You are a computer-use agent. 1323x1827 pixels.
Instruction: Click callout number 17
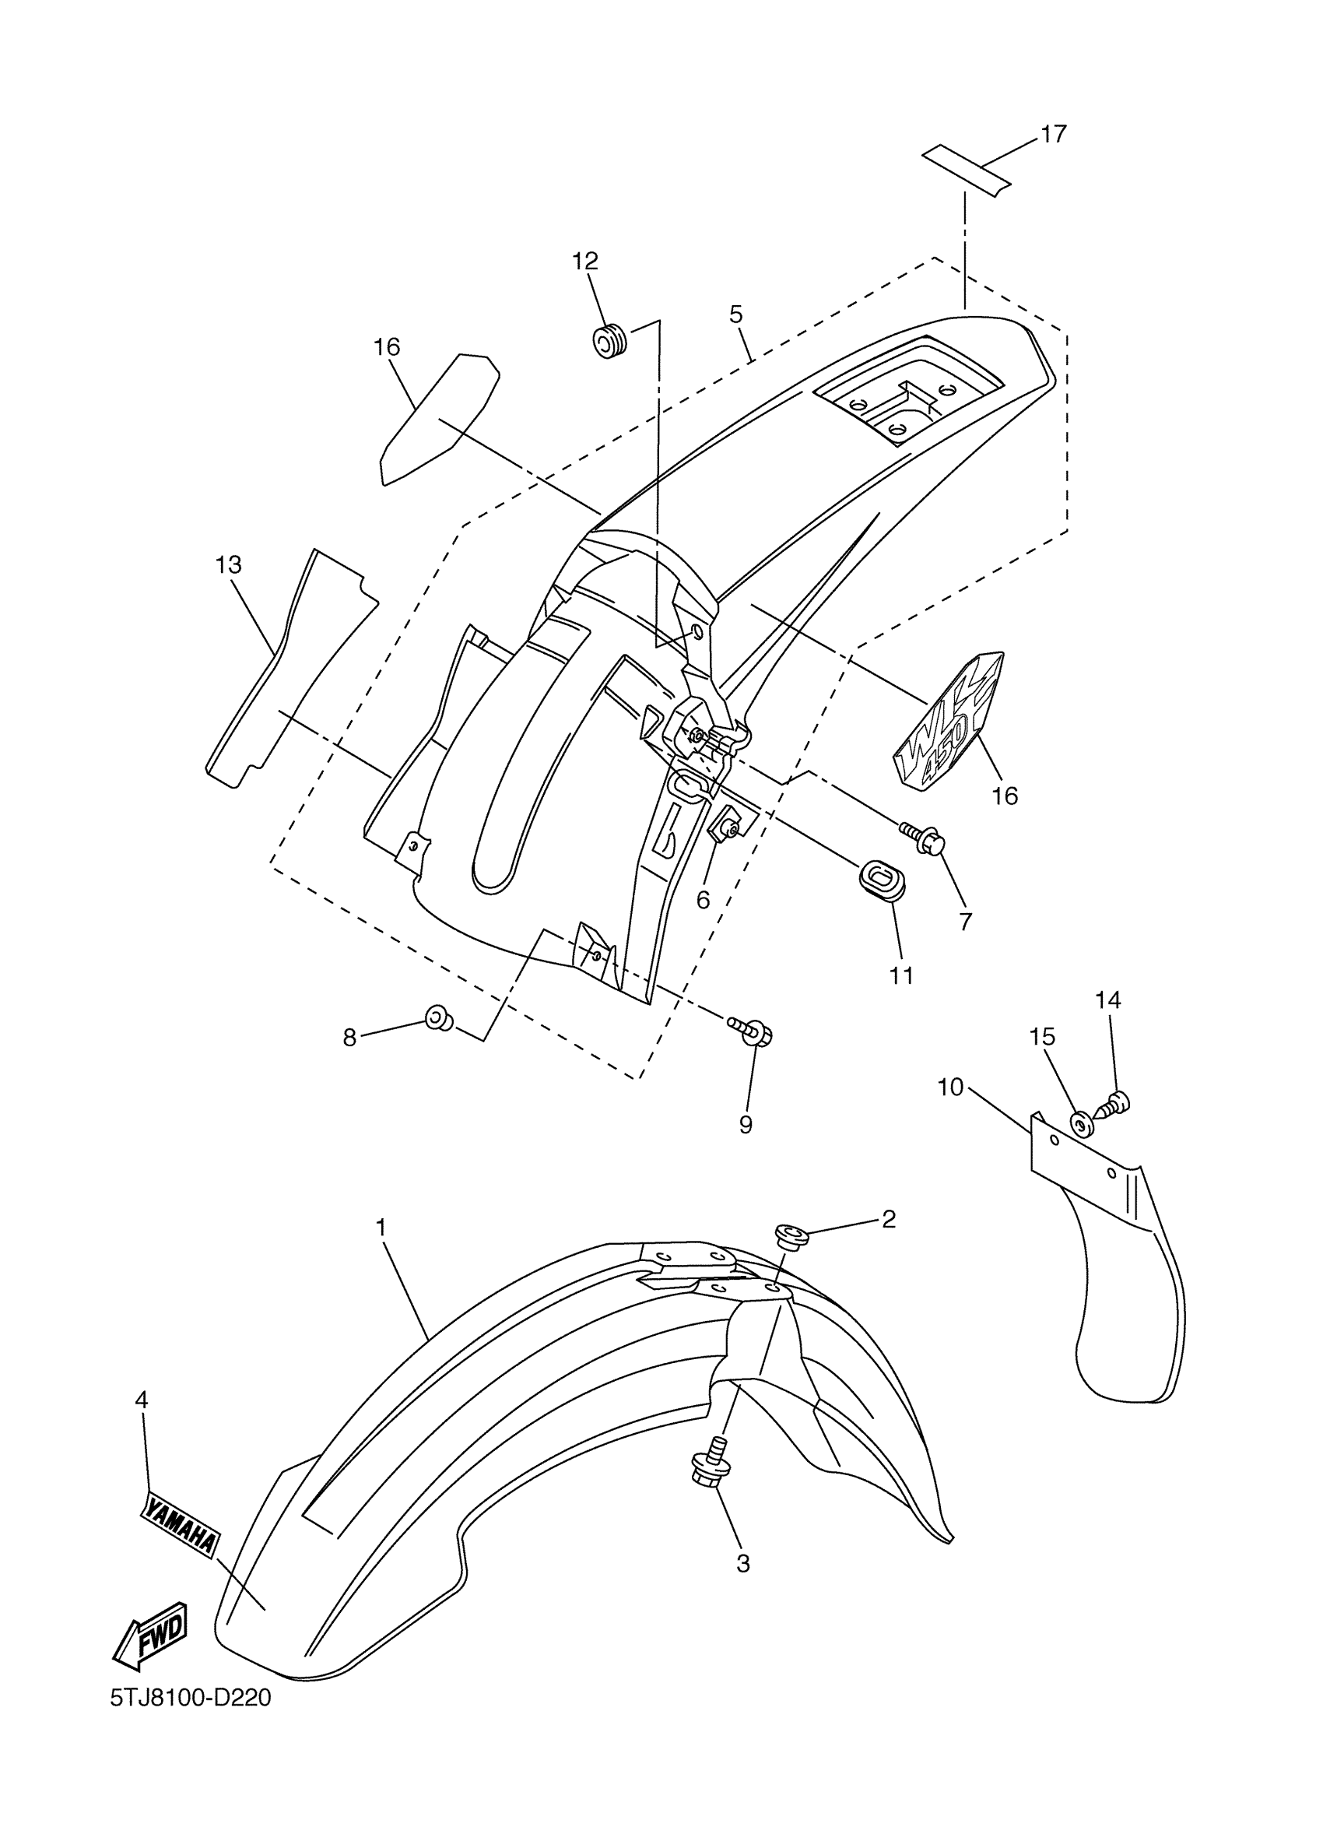click(x=1052, y=134)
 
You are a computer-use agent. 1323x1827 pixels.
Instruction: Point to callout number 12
click(x=585, y=261)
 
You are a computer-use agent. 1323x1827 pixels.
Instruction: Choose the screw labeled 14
click(x=1118, y=1101)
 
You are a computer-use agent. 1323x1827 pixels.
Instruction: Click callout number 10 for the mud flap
click(x=950, y=1087)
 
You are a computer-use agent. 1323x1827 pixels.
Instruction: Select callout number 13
click(x=229, y=564)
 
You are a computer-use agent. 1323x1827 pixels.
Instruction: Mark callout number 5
click(x=736, y=314)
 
